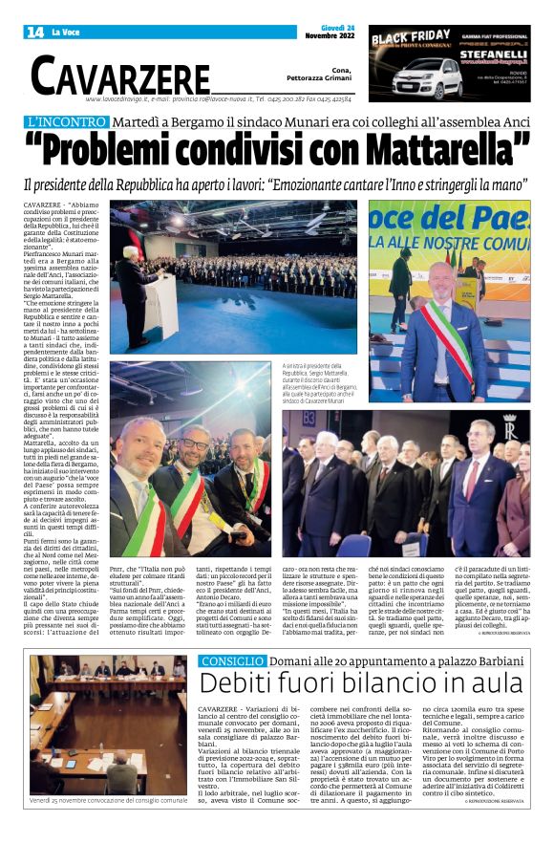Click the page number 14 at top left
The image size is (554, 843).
click(34, 32)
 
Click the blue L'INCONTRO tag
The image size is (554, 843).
click(80, 122)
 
